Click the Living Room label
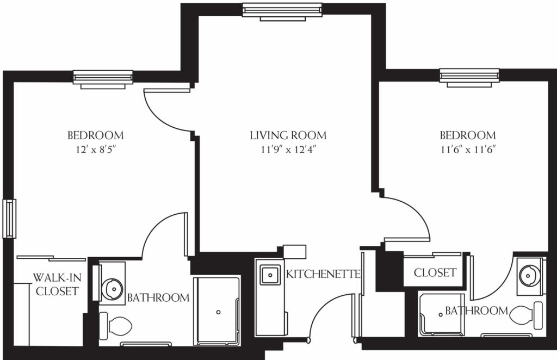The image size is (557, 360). [x=288, y=135]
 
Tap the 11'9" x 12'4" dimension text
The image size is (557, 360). [x=289, y=150]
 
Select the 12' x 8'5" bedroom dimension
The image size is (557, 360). [x=96, y=150]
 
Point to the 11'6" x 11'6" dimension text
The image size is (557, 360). [x=468, y=150]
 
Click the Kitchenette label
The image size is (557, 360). [x=323, y=274]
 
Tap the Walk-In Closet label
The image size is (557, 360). [x=57, y=284]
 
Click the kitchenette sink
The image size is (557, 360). [x=270, y=275]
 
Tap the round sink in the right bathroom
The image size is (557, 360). [x=529, y=276]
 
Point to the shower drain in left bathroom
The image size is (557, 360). [x=219, y=312]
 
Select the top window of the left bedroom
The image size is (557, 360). [x=103, y=79]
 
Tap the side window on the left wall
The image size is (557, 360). [x=10, y=219]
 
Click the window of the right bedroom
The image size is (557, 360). [x=469, y=77]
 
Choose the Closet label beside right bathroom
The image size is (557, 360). [x=435, y=272]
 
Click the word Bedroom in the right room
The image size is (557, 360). [x=468, y=135]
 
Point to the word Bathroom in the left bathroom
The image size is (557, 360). [x=158, y=297]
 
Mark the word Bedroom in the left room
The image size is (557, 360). [x=96, y=135]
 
